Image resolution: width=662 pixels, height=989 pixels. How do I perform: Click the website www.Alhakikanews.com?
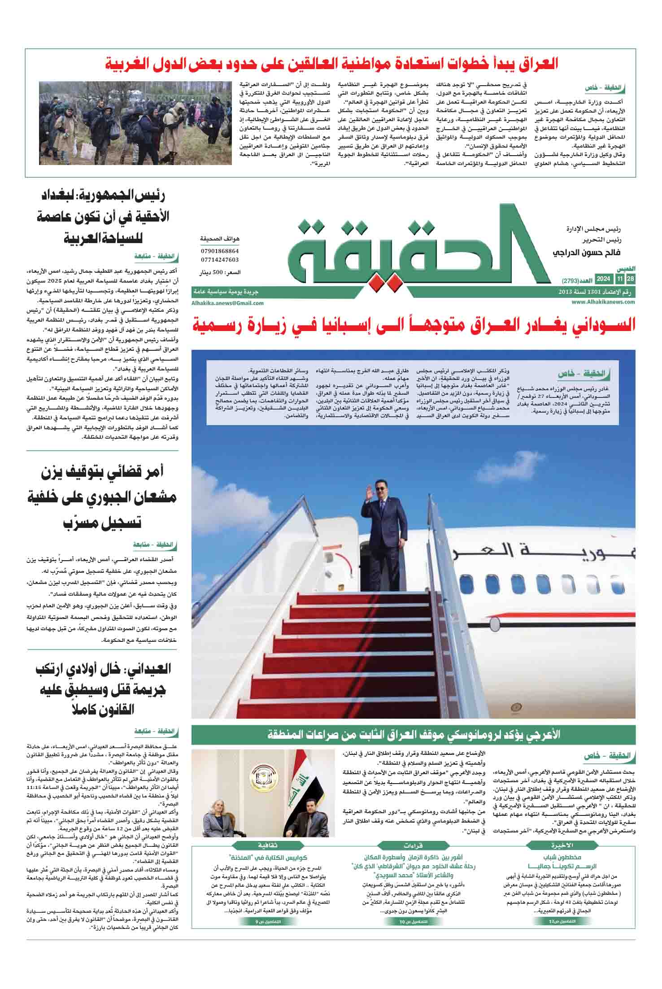(x=603, y=302)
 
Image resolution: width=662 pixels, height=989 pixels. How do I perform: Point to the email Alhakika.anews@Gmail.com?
(x=227, y=303)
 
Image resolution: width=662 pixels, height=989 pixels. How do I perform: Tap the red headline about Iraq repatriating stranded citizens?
(x=332, y=64)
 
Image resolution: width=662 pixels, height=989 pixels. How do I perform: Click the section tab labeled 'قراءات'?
(x=413, y=845)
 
